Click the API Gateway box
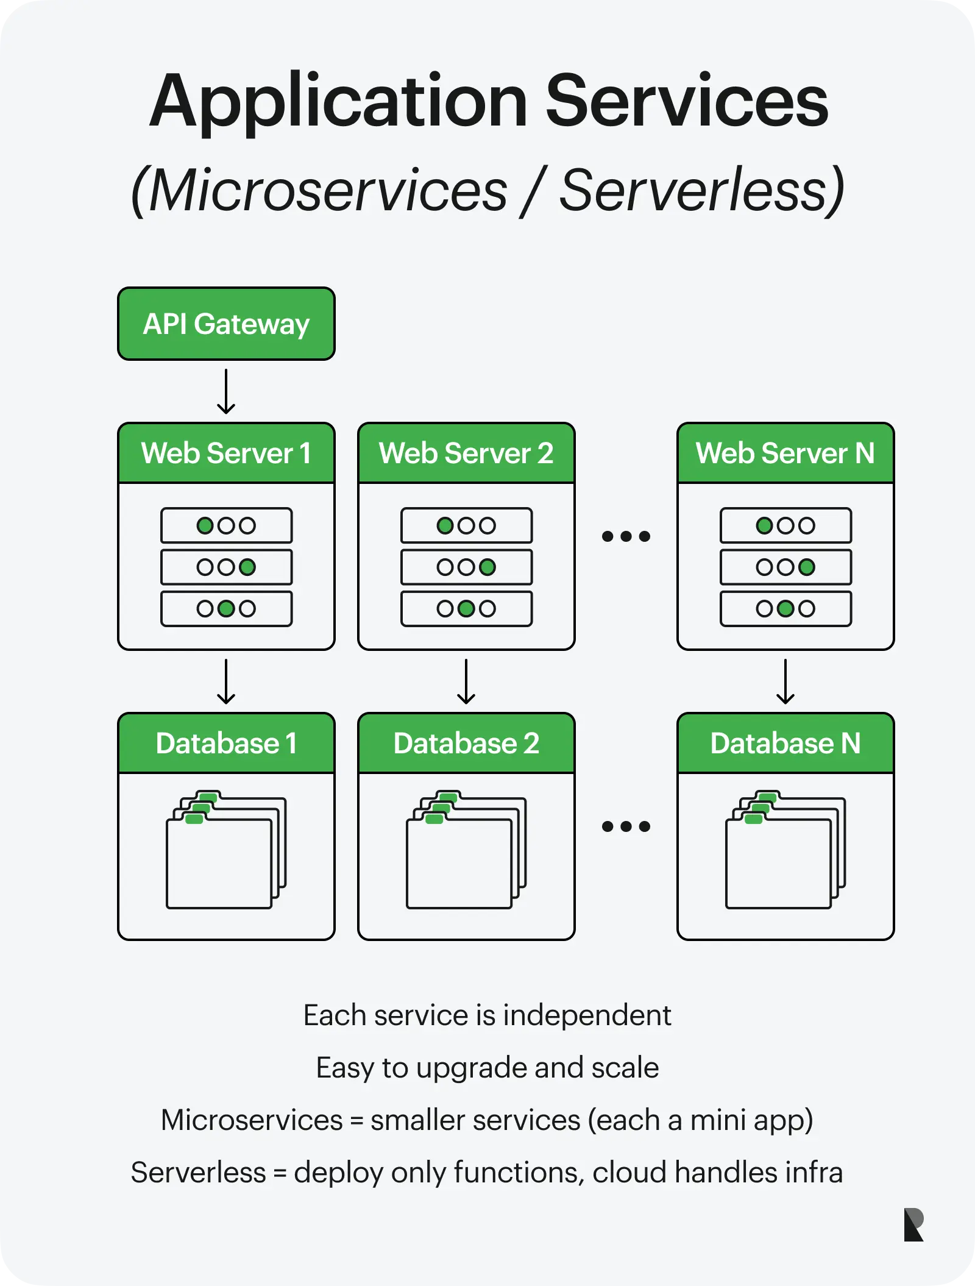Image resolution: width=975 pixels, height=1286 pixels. [226, 324]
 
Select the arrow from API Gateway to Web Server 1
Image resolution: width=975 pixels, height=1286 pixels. [226, 391]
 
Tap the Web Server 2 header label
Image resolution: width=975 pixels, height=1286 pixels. [466, 453]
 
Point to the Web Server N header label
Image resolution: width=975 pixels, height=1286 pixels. [785, 453]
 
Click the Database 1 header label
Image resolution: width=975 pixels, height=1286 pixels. [226, 743]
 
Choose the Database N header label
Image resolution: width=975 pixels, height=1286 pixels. [785, 743]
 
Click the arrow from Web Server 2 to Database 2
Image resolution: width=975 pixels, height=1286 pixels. [466, 681]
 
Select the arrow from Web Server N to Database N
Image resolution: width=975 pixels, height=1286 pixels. [785, 681]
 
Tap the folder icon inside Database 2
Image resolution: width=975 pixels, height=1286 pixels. [466, 850]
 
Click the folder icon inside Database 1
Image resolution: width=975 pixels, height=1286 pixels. [226, 850]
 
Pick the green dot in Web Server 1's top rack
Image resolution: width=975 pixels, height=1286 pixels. [205, 525]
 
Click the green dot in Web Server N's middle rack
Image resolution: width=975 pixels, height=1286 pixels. [806, 567]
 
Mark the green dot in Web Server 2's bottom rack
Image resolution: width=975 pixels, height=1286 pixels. [466, 608]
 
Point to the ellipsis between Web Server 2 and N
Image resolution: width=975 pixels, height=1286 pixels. [626, 536]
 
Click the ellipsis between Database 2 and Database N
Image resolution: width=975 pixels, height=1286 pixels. [626, 826]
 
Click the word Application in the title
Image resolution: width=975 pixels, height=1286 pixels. [338, 102]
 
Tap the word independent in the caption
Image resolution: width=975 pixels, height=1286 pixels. [587, 1016]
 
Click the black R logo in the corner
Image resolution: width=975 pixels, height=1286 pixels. [913, 1224]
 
